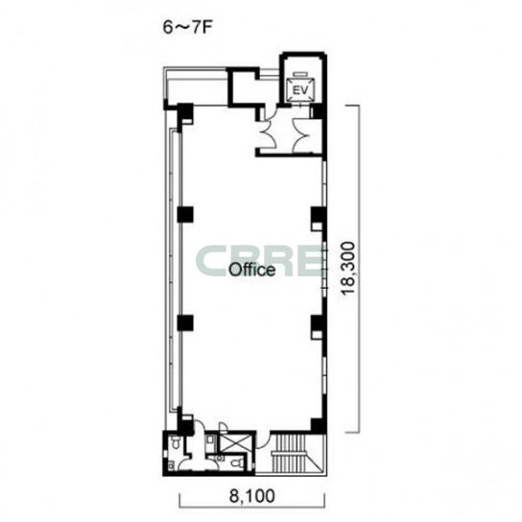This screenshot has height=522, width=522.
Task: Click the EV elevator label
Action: pyautogui.click(x=300, y=90)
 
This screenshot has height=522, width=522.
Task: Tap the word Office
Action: pyautogui.click(x=252, y=270)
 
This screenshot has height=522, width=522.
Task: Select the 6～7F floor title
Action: pyautogui.click(x=187, y=28)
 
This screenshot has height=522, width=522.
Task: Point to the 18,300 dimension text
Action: pyautogui.click(x=348, y=269)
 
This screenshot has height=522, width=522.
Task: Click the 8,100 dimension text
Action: pyautogui.click(x=252, y=496)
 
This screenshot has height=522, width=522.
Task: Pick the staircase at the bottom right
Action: pyautogui.click(x=291, y=454)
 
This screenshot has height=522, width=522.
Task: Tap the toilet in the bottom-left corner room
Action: pyautogui.click(x=176, y=442)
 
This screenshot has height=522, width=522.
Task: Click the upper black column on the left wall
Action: pyautogui.click(x=185, y=215)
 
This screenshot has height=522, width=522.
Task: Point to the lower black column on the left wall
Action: pyautogui.click(x=185, y=323)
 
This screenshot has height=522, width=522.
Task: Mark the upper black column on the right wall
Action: pyautogui.click(x=317, y=215)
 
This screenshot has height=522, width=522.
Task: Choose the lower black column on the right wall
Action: pyautogui.click(x=317, y=323)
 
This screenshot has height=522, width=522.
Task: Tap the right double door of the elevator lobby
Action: pyautogui.click(x=302, y=135)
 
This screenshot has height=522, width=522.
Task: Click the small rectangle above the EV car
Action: pyautogui.click(x=300, y=74)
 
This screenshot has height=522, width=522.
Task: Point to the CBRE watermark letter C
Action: pyautogui.click(x=210, y=261)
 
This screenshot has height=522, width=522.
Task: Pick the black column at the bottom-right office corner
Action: pyautogui.click(x=317, y=426)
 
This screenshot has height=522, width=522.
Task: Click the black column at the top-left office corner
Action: pyautogui.click(x=184, y=113)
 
